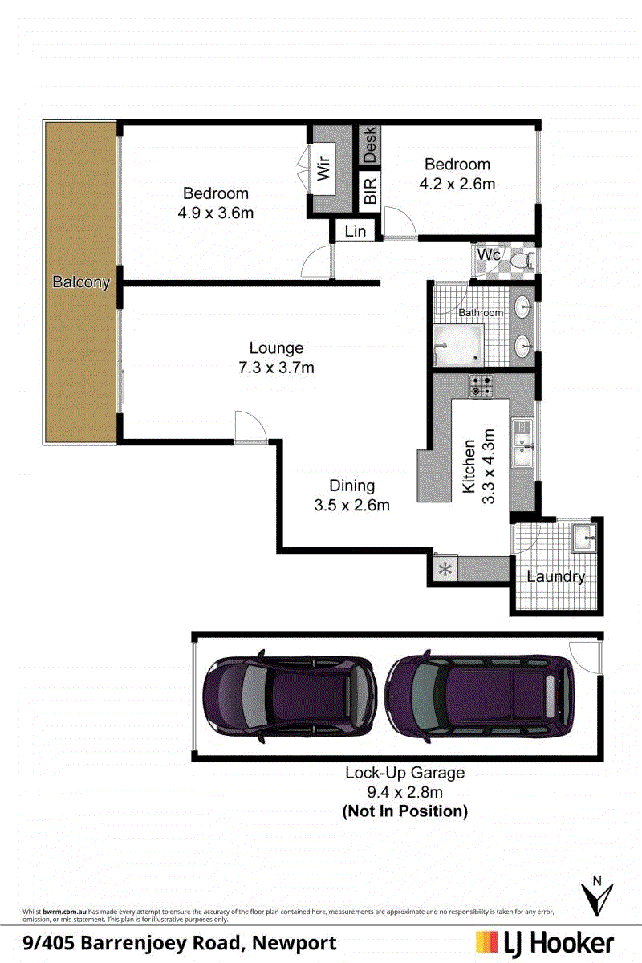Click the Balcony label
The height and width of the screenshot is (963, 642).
pyautogui.click(x=81, y=282)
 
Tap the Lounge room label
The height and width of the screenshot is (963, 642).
pyautogui.click(x=277, y=347)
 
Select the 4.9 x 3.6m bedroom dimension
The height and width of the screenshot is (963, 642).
pyautogui.click(x=216, y=213)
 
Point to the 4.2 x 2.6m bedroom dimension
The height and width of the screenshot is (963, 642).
pyautogui.click(x=457, y=184)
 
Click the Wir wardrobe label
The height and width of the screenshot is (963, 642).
pyautogui.click(x=323, y=168)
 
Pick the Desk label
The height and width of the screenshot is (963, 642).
pyautogui.click(x=370, y=145)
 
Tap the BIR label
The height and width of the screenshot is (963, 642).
pyautogui.click(x=370, y=191)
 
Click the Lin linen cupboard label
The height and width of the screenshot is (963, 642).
pyautogui.click(x=356, y=231)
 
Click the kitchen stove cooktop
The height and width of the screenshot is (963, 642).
pyautogui.click(x=481, y=386)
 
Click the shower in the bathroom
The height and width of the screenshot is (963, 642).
pyautogui.click(x=458, y=345)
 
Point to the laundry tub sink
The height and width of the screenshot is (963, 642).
pyautogui.click(x=583, y=538)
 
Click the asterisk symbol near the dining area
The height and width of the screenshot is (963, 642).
pyautogui.click(x=445, y=570)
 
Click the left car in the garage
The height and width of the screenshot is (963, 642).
pyautogui.click(x=290, y=696)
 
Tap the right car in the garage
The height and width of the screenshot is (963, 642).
pyautogui.click(x=480, y=697)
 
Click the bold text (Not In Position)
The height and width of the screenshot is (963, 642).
pyautogui.click(x=405, y=811)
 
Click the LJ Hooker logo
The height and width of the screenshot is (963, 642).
pyautogui.click(x=545, y=943)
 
